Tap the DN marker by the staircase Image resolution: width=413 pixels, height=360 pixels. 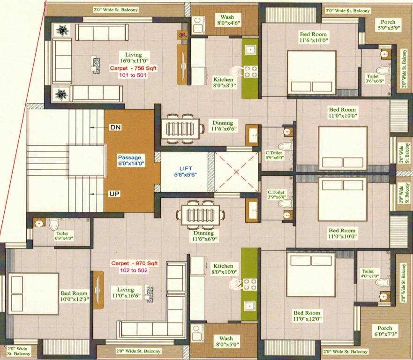tap(115, 127)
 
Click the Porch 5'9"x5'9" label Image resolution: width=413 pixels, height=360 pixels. tap(388, 25)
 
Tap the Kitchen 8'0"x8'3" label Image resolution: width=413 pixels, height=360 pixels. tap(223, 83)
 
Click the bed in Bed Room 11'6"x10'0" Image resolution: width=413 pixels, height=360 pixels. tap(311, 72)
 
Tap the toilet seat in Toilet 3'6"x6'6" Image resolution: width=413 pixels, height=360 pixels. tap(383, 71)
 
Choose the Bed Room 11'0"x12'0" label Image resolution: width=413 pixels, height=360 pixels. tap(307, 316)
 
